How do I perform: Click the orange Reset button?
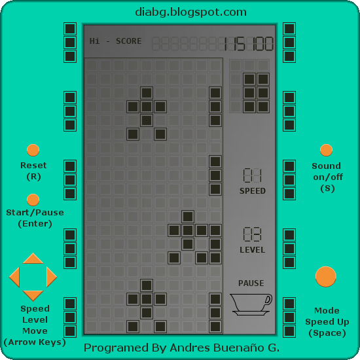coord(33,150)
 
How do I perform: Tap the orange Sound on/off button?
coord(326,150)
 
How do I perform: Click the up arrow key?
coord(33,259)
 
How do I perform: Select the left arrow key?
coord(14,277)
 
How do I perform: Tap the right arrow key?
coord(52,277)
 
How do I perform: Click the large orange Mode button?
coord(326,277)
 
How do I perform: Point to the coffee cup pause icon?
coord(251,304)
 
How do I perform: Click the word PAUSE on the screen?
coord(251,283)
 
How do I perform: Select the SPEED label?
coord(253,190)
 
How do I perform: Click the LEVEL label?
coord(252,250)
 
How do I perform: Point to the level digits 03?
coord(252,234)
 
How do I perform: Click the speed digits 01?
coord(252,175)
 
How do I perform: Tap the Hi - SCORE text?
coord(115,41)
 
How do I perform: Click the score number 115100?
coord(248,44)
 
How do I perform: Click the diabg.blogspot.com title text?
coord(190,12)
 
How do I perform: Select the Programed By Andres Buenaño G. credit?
coord(181,348)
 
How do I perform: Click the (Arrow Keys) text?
coord(35,342)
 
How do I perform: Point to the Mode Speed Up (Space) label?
coord(327,321)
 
